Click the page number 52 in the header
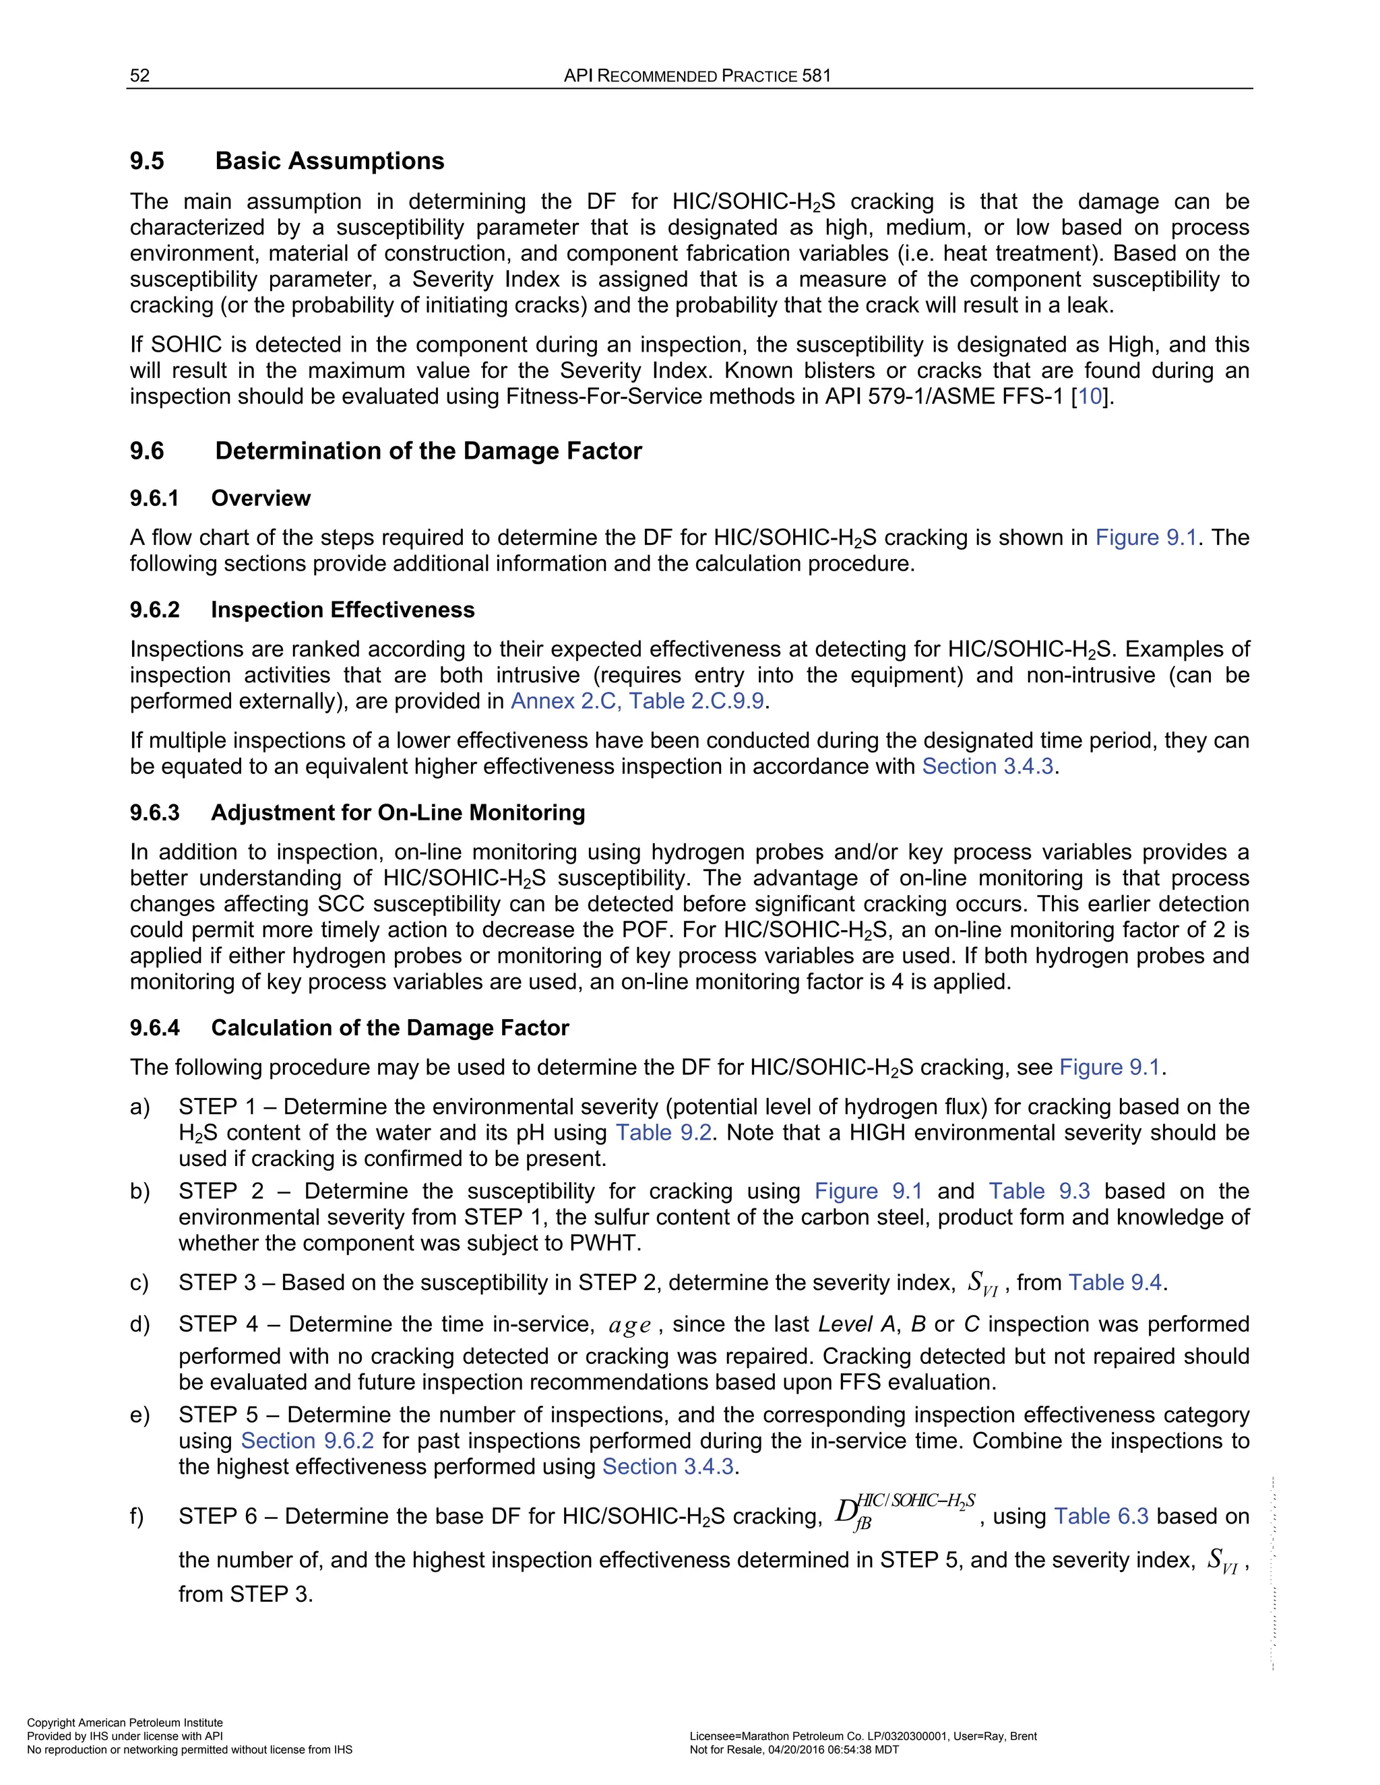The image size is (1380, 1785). coord(139,76)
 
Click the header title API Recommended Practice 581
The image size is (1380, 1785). coord(697,76)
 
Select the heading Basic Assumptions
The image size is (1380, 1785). coord(330,161)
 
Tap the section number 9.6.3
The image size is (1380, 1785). coord(154,812)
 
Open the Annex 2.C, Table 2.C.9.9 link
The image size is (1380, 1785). coord(637,701)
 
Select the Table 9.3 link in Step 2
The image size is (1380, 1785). coord(1039,1191)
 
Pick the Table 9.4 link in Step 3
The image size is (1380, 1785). coord(1115,1283)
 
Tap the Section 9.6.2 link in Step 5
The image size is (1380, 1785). coord(307,1440)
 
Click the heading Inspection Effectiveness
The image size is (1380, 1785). coord(342,610)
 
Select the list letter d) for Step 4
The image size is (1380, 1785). coord(139,1324)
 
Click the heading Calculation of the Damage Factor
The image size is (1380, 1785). coord(390,1027)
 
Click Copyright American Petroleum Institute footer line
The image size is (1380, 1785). coord(125,1722)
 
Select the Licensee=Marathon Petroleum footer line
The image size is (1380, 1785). coord(862,1736)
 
